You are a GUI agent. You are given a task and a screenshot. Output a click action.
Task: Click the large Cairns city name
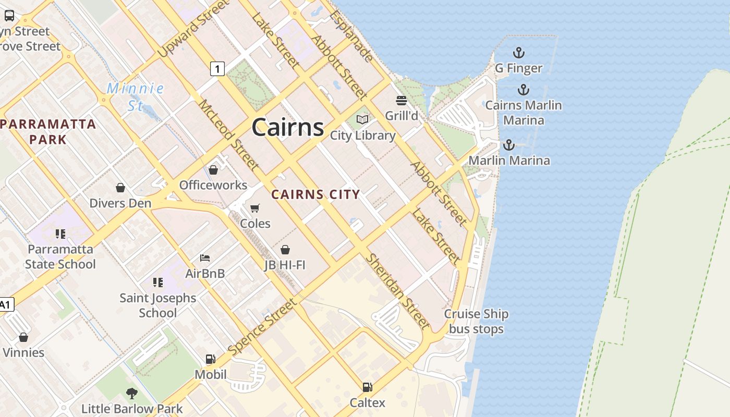point(287,128)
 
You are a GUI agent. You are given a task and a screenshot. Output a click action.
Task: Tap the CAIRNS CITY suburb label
point(315,195)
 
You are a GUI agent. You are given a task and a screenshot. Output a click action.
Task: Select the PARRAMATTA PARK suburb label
point(48,131)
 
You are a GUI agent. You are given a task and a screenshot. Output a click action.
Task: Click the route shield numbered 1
point(217,68)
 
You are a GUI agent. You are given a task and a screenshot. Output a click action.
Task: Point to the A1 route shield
point(6,305)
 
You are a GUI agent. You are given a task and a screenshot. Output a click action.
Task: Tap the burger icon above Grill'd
point(401,100)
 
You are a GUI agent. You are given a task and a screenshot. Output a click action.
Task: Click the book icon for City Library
point(362,120)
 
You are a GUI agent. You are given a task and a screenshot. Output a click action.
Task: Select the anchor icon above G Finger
point(518,53)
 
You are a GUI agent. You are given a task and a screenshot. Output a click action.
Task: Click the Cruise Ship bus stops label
point(476,322)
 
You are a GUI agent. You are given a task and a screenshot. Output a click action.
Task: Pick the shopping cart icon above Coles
point(255,208)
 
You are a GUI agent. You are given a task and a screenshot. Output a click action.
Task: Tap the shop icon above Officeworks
point(213,170)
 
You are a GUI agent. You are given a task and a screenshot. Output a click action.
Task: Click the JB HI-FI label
point(285,265)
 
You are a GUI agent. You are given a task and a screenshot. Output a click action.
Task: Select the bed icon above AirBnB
point(205,258)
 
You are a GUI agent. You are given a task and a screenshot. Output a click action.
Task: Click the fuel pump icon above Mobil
point(210,359)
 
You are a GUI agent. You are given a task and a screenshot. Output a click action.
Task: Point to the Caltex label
point(367,402)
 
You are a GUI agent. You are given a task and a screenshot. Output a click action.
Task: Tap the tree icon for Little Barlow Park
point(131,394)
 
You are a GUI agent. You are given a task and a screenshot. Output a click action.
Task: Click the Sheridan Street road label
point(398,291)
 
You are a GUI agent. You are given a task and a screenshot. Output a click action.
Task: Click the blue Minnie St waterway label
point(136,97)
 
